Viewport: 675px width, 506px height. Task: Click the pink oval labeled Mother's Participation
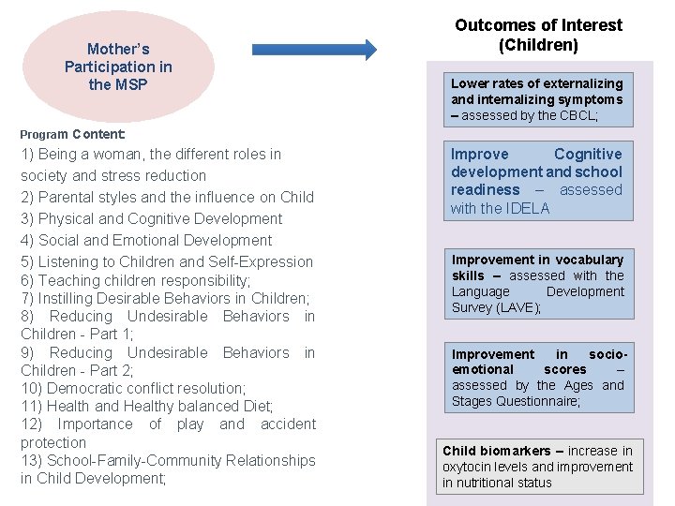pyautogui.click(x=119, y=67)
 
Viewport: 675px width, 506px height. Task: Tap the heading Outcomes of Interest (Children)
pyautogui.click(x=538, y=35)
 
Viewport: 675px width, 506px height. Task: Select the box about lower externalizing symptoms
pyautogui.click(x=537, y=99)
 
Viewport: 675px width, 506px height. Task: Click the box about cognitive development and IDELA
pyautogui.click(x=536, y=181)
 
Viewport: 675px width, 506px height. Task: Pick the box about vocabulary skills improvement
pyautogui.click(x=537, y=284)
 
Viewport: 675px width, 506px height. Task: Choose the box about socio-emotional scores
pyautogui.click(x=537, y=379)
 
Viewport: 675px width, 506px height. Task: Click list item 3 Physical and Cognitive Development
pyautogui.click(x=151, y=218)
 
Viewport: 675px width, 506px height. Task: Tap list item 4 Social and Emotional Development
pyautogui.click(x=145, y=240)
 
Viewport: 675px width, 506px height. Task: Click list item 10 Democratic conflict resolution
pyautogui.click(x=132, y=388)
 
